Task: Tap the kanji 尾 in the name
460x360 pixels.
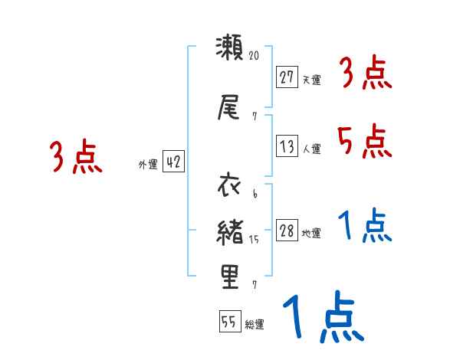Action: [x=230, y=107]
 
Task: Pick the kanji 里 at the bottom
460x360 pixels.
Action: [x=230, y=278]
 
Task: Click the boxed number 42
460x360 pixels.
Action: [x=174, y=162]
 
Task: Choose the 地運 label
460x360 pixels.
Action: [x=311, y=234]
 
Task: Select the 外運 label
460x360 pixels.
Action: [x=148, y=164]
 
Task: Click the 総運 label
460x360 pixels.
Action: [x=255, y=325]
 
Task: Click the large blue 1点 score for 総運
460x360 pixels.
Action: [x=322, y=319]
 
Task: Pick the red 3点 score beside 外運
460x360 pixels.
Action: [x=77, y=157]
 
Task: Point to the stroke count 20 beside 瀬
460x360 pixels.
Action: [x=255, y=56]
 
